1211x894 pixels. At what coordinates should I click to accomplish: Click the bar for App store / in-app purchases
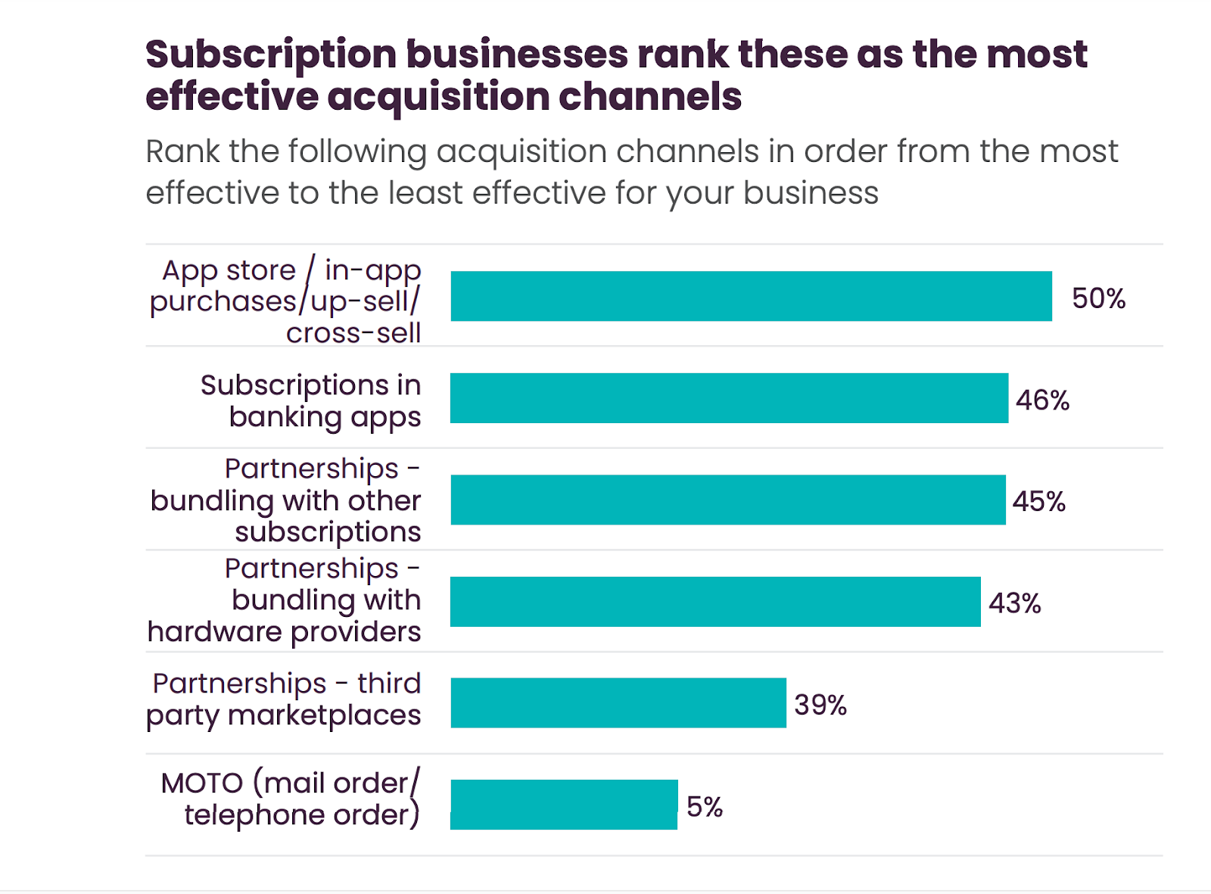(751, 296)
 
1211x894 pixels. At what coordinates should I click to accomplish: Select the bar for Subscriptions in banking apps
(729, 398)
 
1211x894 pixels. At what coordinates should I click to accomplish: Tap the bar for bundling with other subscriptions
(727, 500)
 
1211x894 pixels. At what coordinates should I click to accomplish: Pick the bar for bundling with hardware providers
(715, 602)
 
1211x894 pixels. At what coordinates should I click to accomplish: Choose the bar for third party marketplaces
(618, 703)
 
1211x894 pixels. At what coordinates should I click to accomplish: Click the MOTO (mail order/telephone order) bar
(564, 805)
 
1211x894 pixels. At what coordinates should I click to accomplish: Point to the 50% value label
(1098, 298)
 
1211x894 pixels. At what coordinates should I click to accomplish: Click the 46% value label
(1042, 400)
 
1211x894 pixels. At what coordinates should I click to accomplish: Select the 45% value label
(1039, 501)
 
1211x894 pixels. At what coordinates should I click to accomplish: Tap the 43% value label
(1015, 603)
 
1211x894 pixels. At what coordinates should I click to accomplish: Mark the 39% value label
(820, 705)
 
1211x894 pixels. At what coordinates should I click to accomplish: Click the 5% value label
(705, 807)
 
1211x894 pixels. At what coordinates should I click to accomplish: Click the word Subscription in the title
(271, 55)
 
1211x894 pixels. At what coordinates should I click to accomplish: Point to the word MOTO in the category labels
(202, 783)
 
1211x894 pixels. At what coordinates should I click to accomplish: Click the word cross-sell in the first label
(353, 333)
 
